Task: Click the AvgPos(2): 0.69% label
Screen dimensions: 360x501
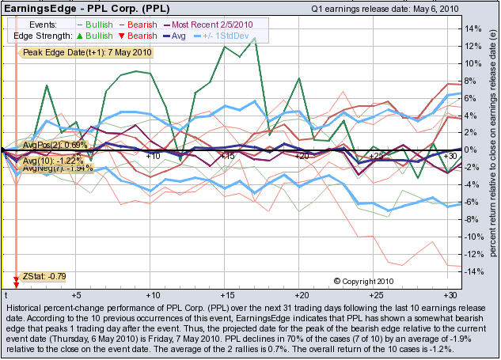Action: [x=55, y=146]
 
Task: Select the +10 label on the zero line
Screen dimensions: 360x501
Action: [x=153, y=156]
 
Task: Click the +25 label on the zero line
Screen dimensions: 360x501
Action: [x=377, y=156]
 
